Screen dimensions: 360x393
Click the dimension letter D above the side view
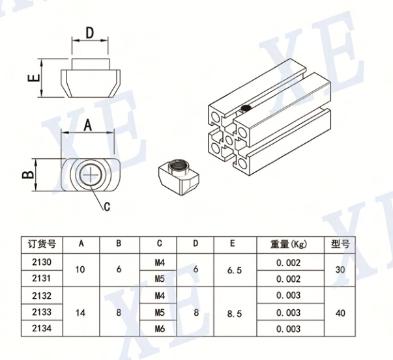[90, 32]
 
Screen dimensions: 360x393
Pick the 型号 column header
[340, 245]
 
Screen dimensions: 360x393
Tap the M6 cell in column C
[158, 329]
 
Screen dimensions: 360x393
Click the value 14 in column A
[81, 312]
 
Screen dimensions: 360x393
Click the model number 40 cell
[340, 312]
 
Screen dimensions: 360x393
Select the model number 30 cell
[340, 270]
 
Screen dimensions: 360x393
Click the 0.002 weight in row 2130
[288, 262]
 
